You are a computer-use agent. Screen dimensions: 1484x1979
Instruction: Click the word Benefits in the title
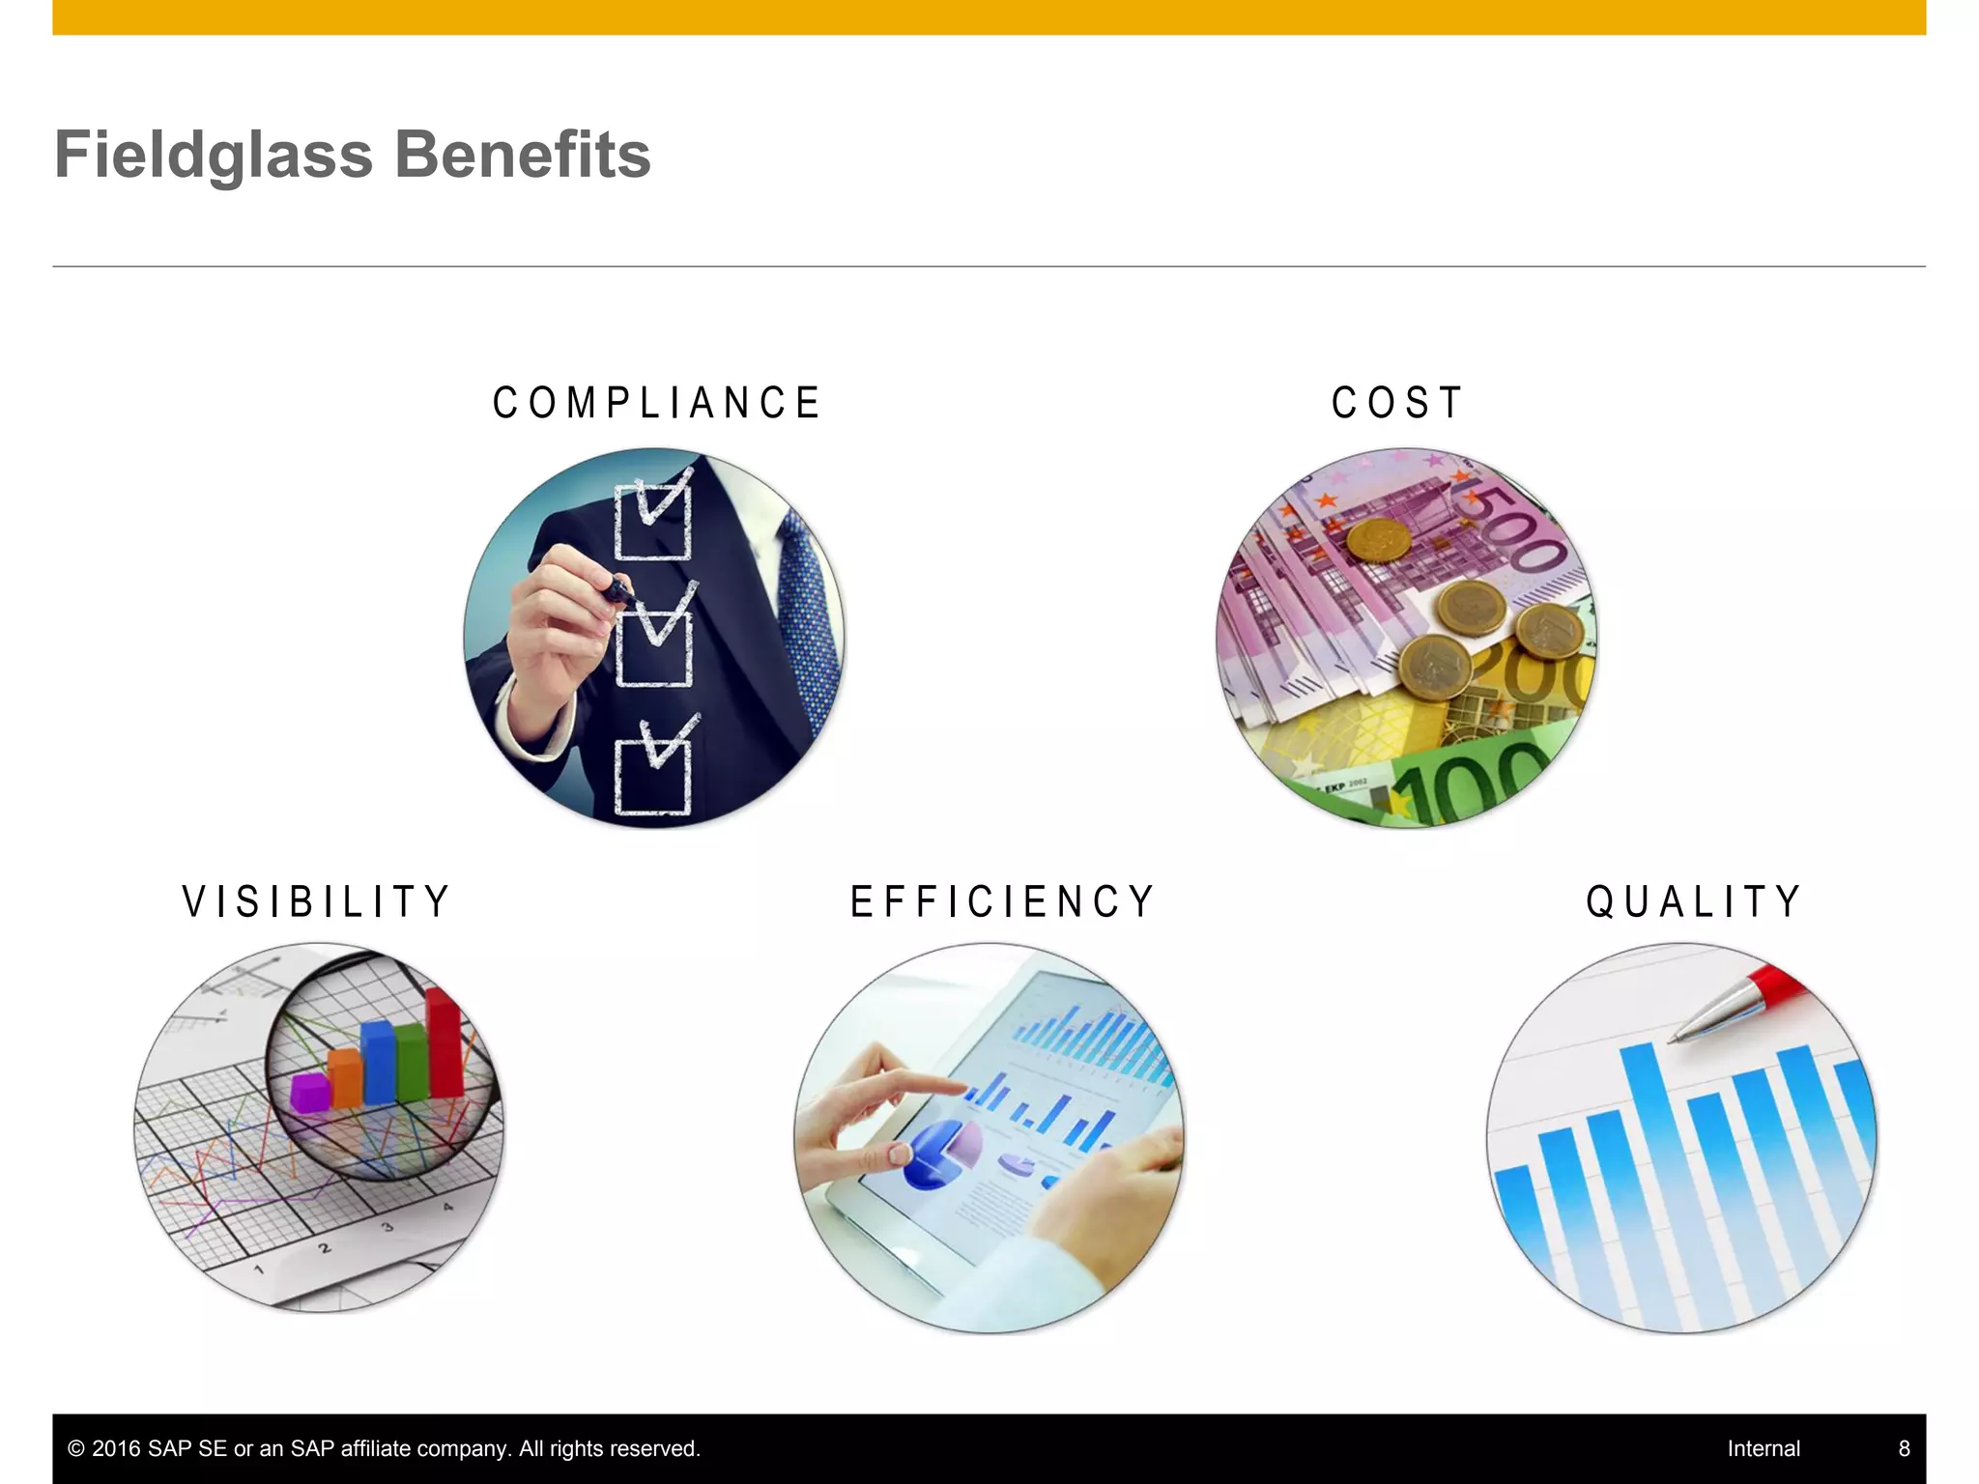point(523,156)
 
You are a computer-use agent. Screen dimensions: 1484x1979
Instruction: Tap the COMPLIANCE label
point(656,403)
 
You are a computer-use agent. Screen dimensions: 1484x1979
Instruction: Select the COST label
point(1397,403)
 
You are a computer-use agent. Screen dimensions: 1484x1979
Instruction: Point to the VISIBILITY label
point(316,901)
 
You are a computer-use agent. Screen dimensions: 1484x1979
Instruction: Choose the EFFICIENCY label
point(1002,901)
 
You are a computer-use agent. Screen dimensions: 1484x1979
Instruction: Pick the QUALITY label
point(1693,901)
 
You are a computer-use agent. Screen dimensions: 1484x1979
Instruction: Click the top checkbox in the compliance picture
point(653,520)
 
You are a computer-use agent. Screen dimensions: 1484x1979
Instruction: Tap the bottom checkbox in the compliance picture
point(653,775)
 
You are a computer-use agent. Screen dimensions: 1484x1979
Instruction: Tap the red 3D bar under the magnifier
point(445,1043)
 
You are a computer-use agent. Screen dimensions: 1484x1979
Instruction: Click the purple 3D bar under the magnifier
point(310,1092)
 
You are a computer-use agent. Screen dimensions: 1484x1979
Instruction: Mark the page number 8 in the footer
point(1904,1448)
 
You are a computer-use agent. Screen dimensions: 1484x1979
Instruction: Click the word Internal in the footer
point(1764,1448)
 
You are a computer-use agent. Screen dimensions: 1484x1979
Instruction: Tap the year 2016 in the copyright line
point(116,1448)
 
